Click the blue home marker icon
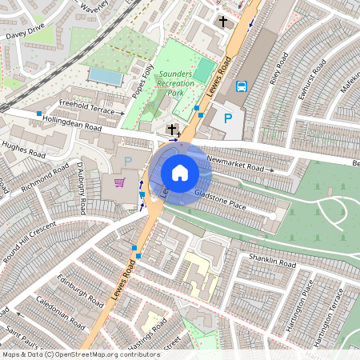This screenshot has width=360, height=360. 180,173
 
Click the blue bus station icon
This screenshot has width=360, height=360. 241,86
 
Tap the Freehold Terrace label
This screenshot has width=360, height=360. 88,106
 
